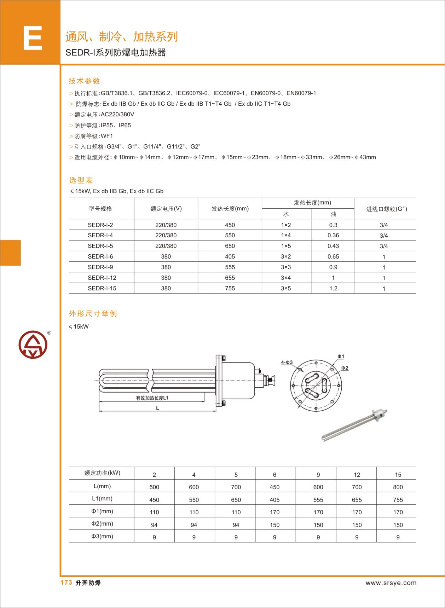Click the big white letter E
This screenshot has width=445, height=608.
click(33, 38)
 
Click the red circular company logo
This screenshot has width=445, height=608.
click(33, 344)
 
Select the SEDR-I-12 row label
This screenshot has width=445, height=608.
click(102, 278)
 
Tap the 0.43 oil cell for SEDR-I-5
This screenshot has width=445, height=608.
click(333, 246)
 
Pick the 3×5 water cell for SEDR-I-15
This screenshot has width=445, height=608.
click(286, 288)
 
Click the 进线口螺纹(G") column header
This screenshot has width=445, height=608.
click(386, 209)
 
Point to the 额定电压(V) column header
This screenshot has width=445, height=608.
click(166, 209)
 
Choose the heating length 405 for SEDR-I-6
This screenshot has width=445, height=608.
click(230, 256)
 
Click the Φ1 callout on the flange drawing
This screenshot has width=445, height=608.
click(341, 357)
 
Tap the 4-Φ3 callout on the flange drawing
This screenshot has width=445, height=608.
click(287, 362)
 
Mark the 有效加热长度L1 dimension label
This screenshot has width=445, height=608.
click(152, 398)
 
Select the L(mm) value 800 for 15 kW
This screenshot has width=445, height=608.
click(398, 487)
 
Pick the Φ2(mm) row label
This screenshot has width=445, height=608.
click(102, 523)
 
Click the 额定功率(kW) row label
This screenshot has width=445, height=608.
click(102, 473)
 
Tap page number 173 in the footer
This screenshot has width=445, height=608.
click(66, 583)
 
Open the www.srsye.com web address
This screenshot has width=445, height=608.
click(391, 583)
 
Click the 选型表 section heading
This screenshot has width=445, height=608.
click(81, 180)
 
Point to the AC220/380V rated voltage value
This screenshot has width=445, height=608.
click(117, 115)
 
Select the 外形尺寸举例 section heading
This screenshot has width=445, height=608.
click(93, 314)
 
